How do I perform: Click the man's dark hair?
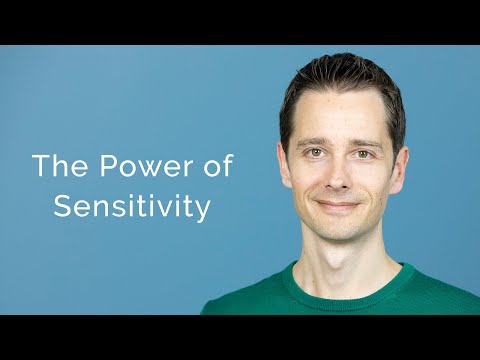point(340,80)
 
